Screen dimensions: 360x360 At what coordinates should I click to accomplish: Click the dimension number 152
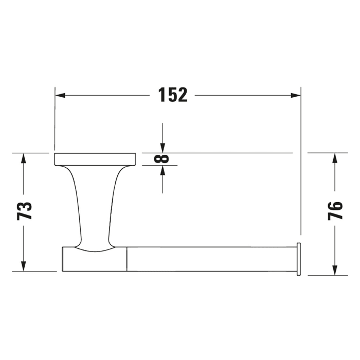173,95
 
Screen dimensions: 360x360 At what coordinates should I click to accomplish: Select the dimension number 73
25,210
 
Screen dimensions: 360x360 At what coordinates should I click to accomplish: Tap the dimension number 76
335,210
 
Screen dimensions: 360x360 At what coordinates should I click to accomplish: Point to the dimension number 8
162,158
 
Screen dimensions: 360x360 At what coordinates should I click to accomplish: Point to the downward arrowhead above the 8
163,148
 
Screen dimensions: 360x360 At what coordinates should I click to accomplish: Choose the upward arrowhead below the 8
163,170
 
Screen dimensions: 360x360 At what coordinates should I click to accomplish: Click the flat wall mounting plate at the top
95,159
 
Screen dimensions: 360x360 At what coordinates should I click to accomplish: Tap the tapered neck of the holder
95,206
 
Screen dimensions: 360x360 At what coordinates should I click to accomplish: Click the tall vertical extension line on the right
301,165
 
